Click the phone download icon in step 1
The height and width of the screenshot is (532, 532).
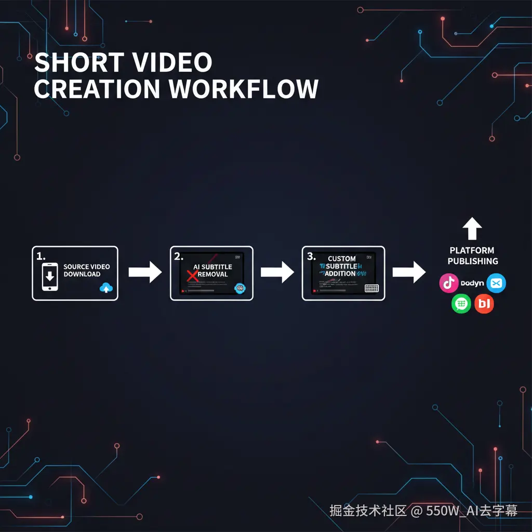click(x=50, y=276)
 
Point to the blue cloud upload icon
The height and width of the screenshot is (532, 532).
click(x=107, y=287)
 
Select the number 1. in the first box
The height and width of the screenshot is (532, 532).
click(x=41, y=256)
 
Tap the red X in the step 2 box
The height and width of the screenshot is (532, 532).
click(x=192, y=275)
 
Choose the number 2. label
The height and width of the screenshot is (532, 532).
click(x=179, y=256)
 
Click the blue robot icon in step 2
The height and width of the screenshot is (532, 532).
click(x=240, y=289)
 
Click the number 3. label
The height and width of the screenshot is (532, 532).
click(x=311, y=256)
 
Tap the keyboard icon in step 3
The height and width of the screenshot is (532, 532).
click(x=371, y=288)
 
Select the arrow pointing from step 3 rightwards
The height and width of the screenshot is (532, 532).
click(x=409, y=272)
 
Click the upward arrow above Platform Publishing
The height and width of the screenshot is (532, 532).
click(x=472, y=229)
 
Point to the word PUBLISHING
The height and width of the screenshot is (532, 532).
click(x=473, y=261)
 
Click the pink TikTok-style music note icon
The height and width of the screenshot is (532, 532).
click(x=448, y=283)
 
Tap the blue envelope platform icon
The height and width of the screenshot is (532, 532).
click(x=496, y=283)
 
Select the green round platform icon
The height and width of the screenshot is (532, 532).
click(x=461, y=303)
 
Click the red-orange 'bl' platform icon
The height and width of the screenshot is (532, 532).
click(x=484, y=303)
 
